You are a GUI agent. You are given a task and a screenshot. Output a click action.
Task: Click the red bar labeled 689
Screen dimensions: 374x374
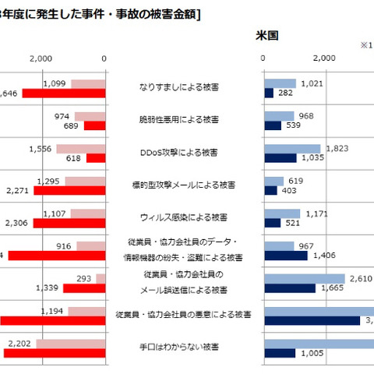point(94,125)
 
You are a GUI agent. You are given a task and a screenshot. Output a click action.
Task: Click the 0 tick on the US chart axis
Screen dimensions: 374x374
point(264,58)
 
